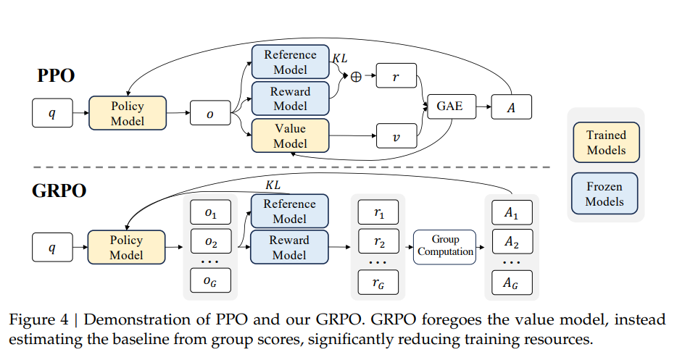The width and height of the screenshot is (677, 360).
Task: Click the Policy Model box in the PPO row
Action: pos(128,113)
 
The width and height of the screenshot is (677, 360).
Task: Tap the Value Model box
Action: pos(290,135)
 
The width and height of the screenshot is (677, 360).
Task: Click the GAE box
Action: pos(449,106)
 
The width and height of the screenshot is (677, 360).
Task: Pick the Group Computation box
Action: pos(446,246)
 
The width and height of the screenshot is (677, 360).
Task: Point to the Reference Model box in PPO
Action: pos(290,62)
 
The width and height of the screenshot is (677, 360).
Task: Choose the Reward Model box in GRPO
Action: pos(289,247)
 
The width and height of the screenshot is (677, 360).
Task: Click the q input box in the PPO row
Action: pos(51,114)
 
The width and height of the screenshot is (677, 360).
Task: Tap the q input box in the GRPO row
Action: pos(51,248)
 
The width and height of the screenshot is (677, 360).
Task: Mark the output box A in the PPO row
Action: pos(512,107)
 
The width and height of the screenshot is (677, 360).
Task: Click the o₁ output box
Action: pos(209,212)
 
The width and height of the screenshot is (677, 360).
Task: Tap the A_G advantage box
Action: pos(512,282)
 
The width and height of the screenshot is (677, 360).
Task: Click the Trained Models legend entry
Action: pos(606,143)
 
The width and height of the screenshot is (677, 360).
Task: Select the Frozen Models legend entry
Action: pos(605,194)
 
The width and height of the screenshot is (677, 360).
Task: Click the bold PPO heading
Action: pos(57,75)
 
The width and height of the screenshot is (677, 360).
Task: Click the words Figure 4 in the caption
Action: pos(38,320)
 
